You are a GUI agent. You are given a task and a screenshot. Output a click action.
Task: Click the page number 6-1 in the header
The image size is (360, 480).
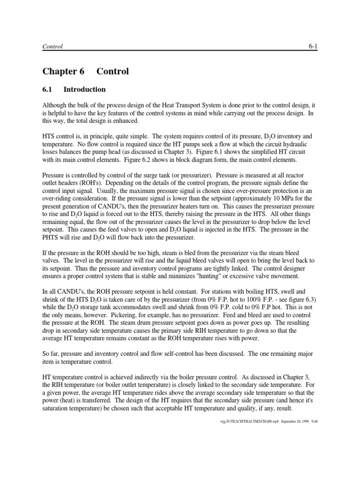[x=313, y=46]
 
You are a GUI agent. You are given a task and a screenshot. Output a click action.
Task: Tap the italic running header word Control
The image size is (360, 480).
[x=52, y=47]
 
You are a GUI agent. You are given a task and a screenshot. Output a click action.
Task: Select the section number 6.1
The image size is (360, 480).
[x=48, y=90]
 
